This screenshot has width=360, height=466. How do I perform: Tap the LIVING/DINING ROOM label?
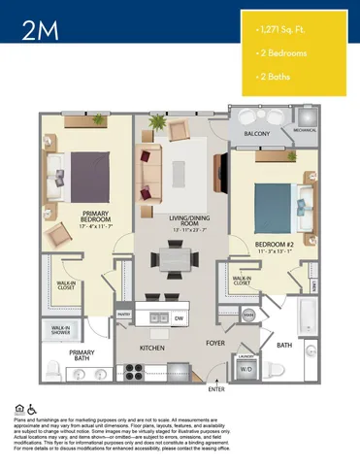tap(176, 222)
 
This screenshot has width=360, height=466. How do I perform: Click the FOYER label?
tap(215, 343)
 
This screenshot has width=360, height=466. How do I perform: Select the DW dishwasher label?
tap(180, 316)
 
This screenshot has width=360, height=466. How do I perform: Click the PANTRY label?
tap(124, 315)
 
